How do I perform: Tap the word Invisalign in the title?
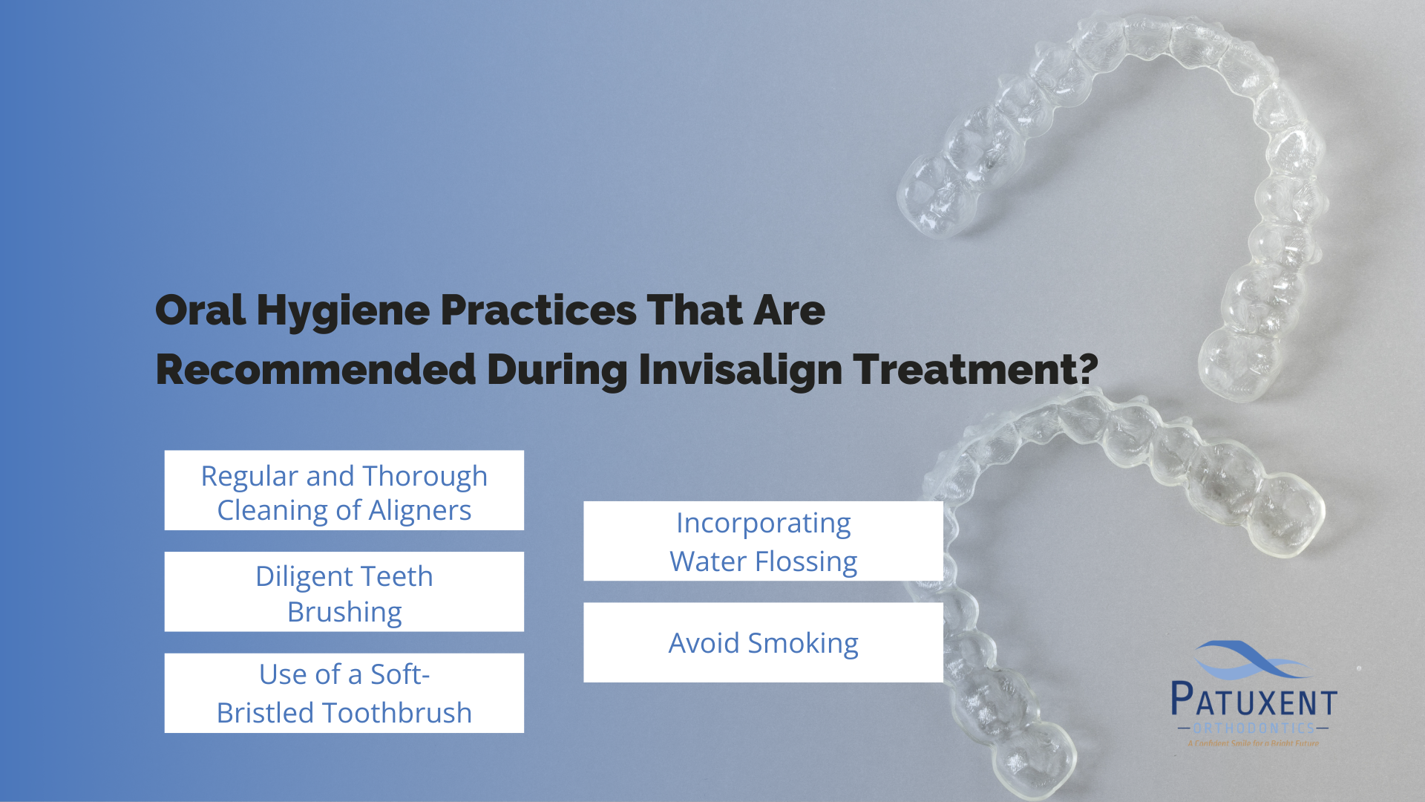740,371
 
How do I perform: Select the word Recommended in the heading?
315,370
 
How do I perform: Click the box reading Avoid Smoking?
763,642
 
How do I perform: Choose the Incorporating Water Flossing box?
763,541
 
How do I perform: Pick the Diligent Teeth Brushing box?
344,592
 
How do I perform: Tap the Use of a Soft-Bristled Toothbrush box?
344,693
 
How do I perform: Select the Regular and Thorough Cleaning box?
344,490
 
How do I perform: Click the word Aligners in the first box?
419,511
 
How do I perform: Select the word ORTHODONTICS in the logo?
1254,728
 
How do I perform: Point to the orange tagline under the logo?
1253,743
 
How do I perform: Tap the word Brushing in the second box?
344,613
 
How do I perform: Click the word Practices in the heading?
538,310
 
